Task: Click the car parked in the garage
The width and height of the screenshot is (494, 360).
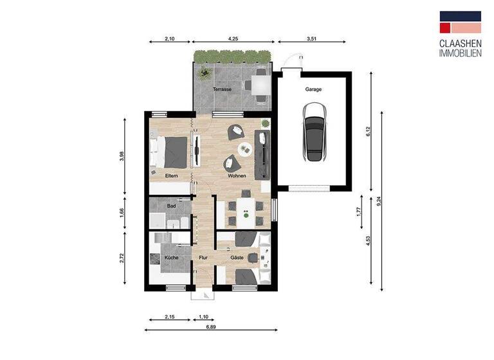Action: pyautogui.click(x=316, y=136)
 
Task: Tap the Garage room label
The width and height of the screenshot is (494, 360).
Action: pyautogui.click(x=314, y=89)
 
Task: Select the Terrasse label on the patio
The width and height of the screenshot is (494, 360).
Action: pyautogui.click(x=222, y=89)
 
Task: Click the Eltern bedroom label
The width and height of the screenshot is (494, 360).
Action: pyautogui.click(x=171, y=175)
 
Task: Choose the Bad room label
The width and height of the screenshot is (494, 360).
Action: pyautogui.click(x=171, y=206)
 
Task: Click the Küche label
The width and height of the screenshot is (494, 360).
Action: pyautogui.click(x=171, y=258)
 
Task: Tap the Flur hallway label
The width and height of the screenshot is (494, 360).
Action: pyautogui.click(x=203, y=258)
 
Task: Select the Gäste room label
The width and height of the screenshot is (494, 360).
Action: pyautogui.click(x=236, y=258)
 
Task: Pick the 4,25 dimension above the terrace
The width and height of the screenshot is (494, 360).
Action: pyautogui.click(x=233, y=39)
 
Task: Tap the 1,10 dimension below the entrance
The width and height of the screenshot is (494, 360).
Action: pyautogui.click(x=203, y=317)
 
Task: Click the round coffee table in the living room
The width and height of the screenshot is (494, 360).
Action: pyautogui.click(x=245, y=149)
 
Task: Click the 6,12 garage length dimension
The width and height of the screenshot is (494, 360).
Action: pyautogui.click(x=369, y=132)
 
